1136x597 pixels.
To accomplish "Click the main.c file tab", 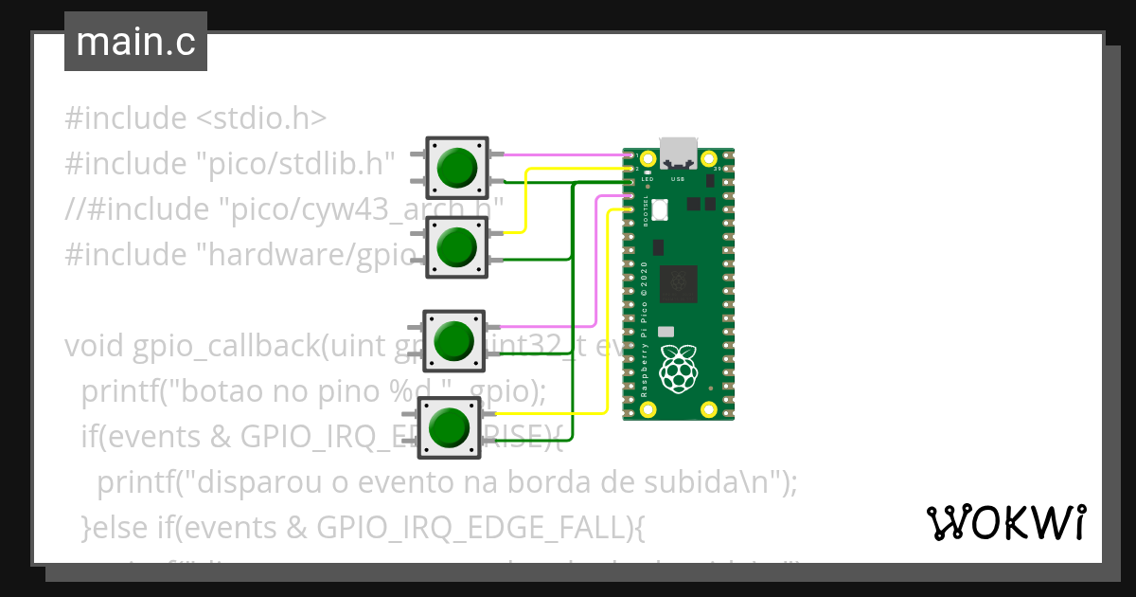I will (x=135, y=42).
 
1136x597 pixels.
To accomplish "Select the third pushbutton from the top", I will (x=454, y=340).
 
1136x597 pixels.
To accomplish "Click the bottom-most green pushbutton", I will (x=451, y=427).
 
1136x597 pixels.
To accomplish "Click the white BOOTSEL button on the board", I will (x=661, y=209).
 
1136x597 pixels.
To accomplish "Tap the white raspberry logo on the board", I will (x=678, y=369).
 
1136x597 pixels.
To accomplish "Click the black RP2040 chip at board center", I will (x=678, y=280).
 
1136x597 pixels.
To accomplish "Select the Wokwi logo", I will (x=1006, y=522).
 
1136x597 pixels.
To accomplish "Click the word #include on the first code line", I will (x=126, y=118).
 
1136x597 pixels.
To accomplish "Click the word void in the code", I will (x=94, y=346).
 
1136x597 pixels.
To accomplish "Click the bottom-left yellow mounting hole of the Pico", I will (x=648, y=409).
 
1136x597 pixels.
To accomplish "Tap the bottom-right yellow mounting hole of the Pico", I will (x=708, y=409).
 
